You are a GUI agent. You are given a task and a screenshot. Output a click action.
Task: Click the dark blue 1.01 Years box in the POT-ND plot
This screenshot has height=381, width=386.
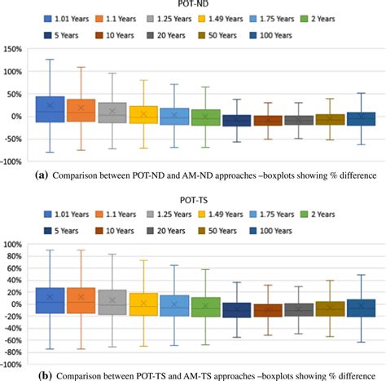point(50,109)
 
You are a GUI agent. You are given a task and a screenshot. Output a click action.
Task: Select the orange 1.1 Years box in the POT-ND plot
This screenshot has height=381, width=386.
point(81,110)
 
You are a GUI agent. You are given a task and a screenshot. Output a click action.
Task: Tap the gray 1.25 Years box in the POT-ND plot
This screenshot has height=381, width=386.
point(112,113)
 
